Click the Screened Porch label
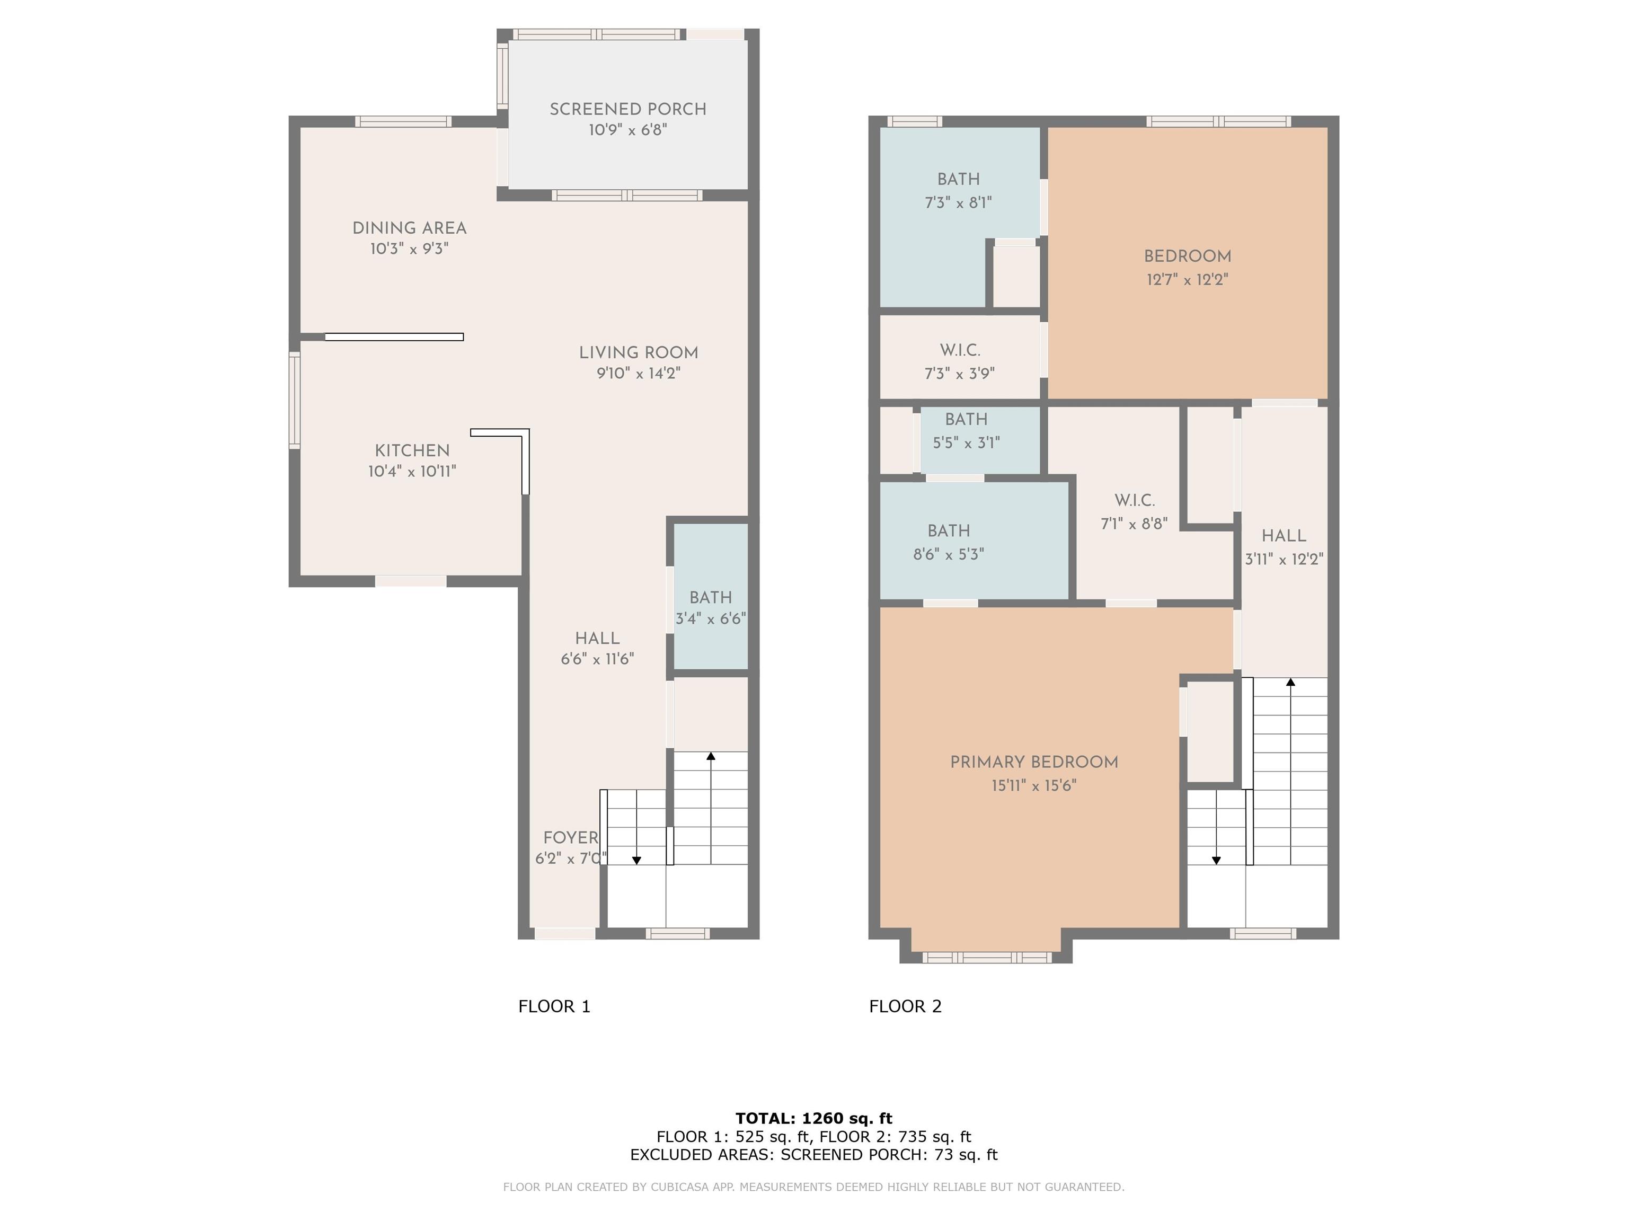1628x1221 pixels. pos(628,109)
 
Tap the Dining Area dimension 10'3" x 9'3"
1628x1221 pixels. pos(409,249)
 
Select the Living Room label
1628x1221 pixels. pos(638,352)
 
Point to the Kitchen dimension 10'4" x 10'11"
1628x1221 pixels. pos(412,471)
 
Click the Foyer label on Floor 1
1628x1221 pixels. pos(570,837)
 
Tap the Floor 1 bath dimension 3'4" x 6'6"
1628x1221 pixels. pos(710,618)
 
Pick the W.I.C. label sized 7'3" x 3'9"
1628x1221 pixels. pos(960,350)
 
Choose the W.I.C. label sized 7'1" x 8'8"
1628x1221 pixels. pos(1134,500)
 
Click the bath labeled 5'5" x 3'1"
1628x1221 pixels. pos(966,420)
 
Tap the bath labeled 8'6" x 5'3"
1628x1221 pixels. pos(949,530)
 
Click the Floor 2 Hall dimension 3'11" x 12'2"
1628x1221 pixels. pos(1284,559)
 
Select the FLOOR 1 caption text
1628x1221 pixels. pos(554,1006)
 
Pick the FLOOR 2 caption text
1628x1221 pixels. pos(905,1006)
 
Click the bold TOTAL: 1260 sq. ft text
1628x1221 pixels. pos(814,1119)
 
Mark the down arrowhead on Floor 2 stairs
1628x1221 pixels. pos(1216,860)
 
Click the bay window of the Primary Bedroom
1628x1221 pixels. pos(986,958)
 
